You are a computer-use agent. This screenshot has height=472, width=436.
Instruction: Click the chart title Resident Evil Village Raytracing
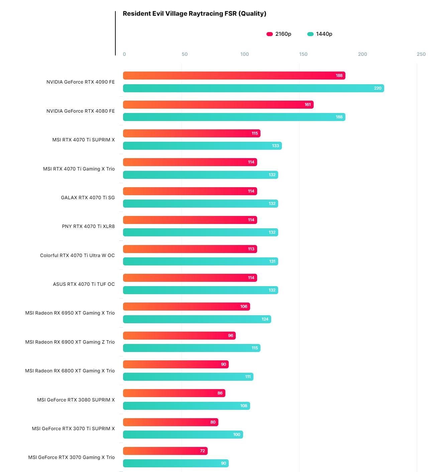point(194,14)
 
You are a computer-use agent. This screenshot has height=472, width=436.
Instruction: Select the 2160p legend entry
point(279,34)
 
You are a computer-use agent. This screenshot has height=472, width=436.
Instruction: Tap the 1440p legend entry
point(320,34)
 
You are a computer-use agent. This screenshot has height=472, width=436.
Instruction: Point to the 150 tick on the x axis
point(303,54)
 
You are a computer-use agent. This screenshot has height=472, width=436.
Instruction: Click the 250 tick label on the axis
point(421,54)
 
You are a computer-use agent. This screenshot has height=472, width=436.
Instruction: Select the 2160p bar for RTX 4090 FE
point(234,76)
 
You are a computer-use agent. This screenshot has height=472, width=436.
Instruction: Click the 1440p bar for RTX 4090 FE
point(253,88)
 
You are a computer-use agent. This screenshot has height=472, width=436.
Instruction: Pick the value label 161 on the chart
point(308,105)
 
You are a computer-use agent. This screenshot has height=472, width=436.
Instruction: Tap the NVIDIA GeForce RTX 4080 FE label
point(80,111)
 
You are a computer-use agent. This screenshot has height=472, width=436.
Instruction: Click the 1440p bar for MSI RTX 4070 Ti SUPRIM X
point(202,146)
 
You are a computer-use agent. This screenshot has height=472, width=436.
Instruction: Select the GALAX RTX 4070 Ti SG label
point(88,198)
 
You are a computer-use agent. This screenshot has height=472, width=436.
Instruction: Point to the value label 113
point(251,249)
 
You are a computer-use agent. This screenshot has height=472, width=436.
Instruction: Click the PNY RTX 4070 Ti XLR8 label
point(88,226)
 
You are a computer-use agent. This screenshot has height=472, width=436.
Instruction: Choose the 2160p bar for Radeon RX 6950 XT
point(186,307)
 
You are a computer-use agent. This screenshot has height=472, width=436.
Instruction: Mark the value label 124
point(265,319)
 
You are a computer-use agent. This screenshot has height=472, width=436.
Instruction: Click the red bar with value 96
point(179,336)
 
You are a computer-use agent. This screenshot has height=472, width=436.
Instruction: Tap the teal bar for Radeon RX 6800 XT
point(188,377)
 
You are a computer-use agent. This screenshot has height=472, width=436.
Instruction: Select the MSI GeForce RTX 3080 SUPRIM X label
point(76,400)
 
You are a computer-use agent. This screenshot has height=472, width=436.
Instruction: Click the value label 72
point(202,451)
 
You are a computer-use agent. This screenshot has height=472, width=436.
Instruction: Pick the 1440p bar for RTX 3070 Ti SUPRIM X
point(183,435)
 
